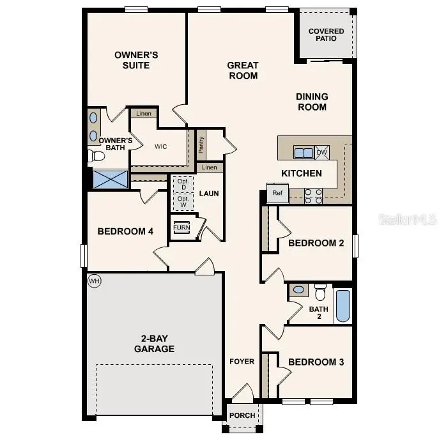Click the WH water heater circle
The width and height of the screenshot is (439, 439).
(95, 281)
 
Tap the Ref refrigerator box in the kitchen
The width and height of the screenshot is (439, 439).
(277, 193)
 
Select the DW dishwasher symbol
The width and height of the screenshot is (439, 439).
(322, 152)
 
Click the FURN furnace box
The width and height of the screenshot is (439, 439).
(182, 228)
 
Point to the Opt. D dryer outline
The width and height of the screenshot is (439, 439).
(183, 183)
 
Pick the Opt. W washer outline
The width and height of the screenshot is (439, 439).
(183, 202)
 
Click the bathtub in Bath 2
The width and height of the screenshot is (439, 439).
(343, 306)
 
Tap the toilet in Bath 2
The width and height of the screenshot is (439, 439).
(320, 291)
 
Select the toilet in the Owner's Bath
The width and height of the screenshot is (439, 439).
(96, 155)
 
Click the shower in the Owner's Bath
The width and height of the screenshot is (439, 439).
(110, 178)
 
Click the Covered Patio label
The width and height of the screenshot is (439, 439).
(326, 35)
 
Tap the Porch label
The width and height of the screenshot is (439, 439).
(243, 415)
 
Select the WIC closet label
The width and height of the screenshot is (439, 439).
(160, 146)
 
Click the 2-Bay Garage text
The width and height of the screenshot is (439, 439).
(154, 344)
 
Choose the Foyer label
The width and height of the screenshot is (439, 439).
(242, 362)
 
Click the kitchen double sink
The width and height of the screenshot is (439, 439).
(303, 152)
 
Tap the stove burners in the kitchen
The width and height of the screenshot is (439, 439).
(313, 196)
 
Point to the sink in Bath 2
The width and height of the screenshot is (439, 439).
(298, 290)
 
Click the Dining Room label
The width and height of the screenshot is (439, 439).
(312, 102)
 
